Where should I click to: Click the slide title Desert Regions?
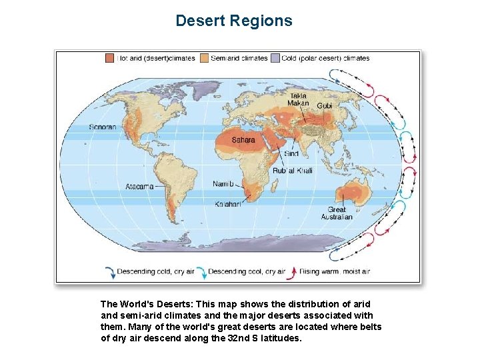click(233, 21)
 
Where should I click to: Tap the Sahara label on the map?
click(243, 140)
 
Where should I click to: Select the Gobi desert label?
click(324, 106)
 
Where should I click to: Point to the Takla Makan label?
click(297, 99)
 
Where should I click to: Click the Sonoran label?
click(103, 127)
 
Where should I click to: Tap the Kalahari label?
click(227, 204)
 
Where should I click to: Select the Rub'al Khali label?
click(292, 170)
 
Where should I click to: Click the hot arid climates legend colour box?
click(109, 58)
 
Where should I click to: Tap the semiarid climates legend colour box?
click(204, 58)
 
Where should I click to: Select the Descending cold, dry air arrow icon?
click(110, 271)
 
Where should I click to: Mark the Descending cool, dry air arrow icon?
click(200, 271)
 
